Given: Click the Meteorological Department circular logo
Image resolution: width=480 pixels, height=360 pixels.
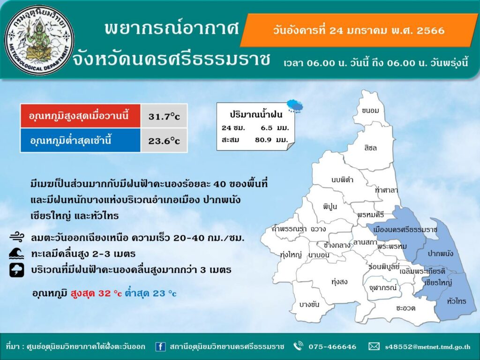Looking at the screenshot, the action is [39, 40].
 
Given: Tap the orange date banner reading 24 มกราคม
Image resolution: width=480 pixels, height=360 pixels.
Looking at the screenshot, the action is [359, 30].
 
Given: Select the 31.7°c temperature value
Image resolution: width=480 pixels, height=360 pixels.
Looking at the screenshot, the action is [164, 116].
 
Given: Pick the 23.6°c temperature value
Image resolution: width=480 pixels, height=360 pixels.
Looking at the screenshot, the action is [164, 141].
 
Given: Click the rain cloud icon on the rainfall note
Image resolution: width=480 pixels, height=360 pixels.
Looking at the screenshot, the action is [295, 106].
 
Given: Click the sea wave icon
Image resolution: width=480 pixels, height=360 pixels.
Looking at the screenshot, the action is [16, 254].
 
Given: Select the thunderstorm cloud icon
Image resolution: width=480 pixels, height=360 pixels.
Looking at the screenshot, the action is [16, 270].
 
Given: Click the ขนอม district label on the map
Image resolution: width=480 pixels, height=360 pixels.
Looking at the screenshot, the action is [370, 111].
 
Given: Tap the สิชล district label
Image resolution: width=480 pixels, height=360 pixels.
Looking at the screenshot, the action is [370, 148].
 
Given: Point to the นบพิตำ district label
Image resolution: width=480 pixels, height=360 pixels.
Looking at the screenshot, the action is [342, 180].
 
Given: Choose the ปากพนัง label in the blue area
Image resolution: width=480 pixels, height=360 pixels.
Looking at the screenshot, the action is [440, 254].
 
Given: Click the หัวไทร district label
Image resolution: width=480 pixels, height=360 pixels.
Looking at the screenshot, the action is [457, 301].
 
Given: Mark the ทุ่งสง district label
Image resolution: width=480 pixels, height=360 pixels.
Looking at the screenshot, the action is [339, 282].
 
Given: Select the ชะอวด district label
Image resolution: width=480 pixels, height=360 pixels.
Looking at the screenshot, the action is [405, 308].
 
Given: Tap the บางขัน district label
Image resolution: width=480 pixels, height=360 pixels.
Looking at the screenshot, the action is [309, 304].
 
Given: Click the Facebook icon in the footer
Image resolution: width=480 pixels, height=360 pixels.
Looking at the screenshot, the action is [160, 346].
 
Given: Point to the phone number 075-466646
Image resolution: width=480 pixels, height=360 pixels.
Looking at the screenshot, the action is [332, 346].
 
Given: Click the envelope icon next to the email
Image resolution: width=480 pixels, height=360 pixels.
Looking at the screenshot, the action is [374, 346].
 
